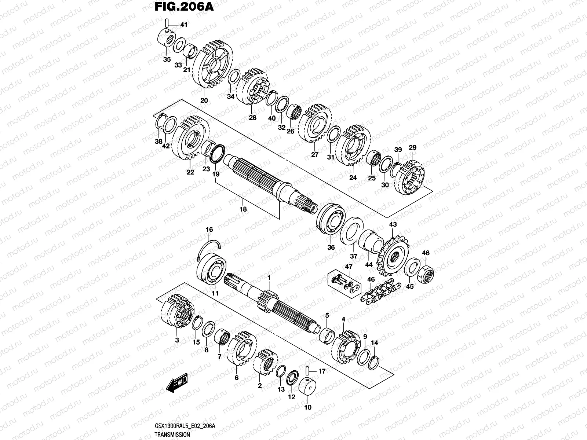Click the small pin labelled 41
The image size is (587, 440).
[167, 23]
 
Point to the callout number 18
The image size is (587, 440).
[243, 209]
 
